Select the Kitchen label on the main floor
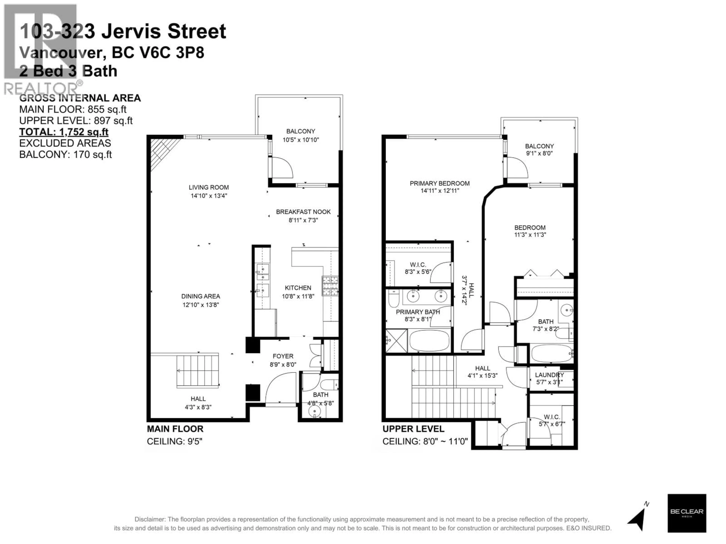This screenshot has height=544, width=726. (298, 287)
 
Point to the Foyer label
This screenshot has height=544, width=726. (283, 356)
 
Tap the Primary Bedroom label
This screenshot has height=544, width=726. (439, 183)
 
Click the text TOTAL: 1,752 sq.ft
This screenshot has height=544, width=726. (64, 132)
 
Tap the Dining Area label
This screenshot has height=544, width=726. (201, 296)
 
